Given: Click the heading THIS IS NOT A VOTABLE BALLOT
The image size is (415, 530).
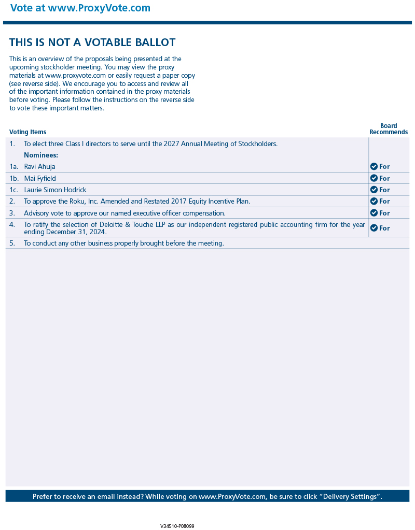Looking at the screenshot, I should (92, 42).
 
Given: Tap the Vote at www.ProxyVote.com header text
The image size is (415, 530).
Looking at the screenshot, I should (80, 8).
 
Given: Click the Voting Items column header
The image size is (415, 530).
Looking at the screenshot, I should (27, 132).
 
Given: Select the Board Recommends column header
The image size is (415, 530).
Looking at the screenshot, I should (389, 129).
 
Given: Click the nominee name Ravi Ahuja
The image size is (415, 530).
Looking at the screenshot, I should (39, 167).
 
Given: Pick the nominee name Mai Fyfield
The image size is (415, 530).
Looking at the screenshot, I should (40, 179).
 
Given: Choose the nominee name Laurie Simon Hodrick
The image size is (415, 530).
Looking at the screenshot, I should (55, 190).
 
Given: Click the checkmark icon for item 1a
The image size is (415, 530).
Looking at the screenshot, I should (374, 166).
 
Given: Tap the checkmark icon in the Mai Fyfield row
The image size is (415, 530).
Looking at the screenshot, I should (374, 178).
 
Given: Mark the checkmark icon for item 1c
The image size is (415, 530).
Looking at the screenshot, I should (374, 190).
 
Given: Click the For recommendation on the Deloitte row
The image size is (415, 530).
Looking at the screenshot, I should (384, 228).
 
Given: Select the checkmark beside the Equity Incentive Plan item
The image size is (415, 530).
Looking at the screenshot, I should (374, 201).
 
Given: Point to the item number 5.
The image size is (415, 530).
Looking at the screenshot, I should (12, 243).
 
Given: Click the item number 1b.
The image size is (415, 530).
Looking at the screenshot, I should (13, 179).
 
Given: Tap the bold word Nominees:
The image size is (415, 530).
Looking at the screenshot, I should (41, 155).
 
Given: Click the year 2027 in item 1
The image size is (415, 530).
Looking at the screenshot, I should (171, 144).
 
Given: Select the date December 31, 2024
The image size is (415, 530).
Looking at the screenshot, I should (76, 232).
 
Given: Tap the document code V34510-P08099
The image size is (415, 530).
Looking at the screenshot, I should (177, 526).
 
